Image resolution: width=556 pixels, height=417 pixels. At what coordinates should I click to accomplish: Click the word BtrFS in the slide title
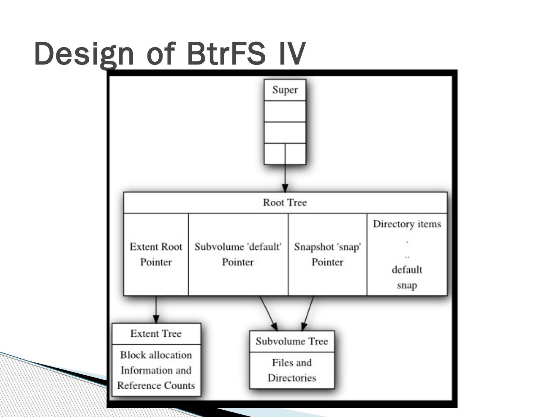[226, 53]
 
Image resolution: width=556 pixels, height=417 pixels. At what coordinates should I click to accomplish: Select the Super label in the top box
[285, 90]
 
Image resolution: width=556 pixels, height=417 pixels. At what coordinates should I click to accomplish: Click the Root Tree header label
[285, 203]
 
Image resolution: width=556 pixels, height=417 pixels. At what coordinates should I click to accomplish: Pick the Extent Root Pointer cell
[156, 254]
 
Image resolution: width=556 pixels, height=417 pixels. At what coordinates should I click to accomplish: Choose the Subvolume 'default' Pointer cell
[238, 254]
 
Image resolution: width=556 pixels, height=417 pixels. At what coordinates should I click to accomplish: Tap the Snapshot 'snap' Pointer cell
[327, 254]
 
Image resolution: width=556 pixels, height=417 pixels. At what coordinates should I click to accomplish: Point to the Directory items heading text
[407, 224]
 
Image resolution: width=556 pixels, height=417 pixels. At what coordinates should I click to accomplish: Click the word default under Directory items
[407, 270]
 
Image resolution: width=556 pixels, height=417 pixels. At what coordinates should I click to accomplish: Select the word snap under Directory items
[407, 285]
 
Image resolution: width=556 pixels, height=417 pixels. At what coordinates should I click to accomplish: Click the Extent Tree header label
[156, 334]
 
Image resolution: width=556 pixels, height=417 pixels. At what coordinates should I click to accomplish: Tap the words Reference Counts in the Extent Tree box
[156, 386]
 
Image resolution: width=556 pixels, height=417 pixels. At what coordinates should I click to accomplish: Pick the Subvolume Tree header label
[292, 341]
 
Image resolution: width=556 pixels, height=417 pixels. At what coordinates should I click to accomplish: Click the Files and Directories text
[292, 370]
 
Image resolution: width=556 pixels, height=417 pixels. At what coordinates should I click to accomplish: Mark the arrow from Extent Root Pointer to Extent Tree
[156, 309]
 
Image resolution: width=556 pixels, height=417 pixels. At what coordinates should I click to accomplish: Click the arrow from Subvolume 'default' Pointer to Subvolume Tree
[268, 314]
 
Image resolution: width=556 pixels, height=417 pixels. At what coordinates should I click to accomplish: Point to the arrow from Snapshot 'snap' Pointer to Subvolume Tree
[307, 314]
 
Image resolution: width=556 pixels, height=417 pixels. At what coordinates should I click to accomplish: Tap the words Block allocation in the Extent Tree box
[156, 355]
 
